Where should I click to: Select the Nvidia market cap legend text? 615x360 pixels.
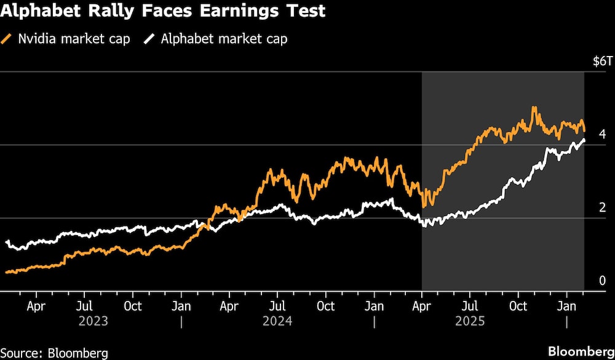pyautogui.click(x=73, y=39)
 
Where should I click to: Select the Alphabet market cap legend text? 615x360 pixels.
pyautogui.click(x=224, y=39)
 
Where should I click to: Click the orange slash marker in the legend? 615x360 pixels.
pyautogui.click(x=8, y=39)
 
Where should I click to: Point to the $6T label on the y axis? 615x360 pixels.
pyautogui.click(x=602, y=62)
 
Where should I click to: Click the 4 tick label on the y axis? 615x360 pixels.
pyautogui.click(x=603, y=134)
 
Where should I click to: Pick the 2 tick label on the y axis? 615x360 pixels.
pyautogui.click(x=603, y=207)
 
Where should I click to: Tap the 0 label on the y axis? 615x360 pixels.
pyautogui.click(x=603, y=281)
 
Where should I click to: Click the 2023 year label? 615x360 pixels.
pyautogui.click(x=93, y=321)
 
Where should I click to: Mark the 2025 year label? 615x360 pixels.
pyautogui.click(x=470, y=321)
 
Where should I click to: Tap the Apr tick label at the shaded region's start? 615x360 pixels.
pyautogui.click(x=422, y=306)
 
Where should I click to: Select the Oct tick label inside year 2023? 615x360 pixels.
pyautogui.click(x=132, y=306)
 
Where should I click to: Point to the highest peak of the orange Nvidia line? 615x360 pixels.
pyautogui.click(x=534, y=108)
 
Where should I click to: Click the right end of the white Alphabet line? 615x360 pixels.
pyautogui.click(x=583, y=140)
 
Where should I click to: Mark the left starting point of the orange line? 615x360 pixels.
pyautogui.click(x=6, y=271)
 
